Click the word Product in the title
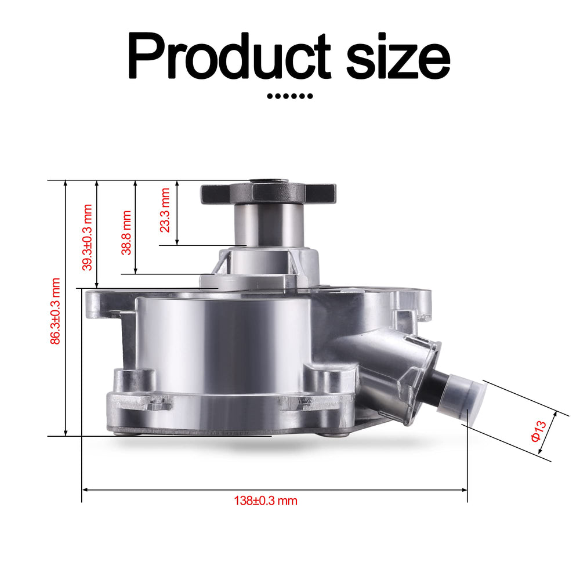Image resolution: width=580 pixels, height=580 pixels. (x=229, y=56)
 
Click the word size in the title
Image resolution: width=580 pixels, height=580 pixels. (x=398, y=59)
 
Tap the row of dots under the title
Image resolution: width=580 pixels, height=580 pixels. (x=290, y=96)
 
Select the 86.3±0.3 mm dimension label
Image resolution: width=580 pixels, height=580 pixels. (x=55, y=311)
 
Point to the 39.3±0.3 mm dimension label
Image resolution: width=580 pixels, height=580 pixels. (x=88, y=237)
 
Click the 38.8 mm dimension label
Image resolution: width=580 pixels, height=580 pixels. (x=126, y=233)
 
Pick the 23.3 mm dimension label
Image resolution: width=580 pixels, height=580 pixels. (x=165, y=210)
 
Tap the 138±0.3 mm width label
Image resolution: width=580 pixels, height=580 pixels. (x=266, y=501)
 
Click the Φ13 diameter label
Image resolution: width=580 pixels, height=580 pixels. (x=538, y=431)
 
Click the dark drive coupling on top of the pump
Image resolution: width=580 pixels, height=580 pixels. (x=269, y=193)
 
